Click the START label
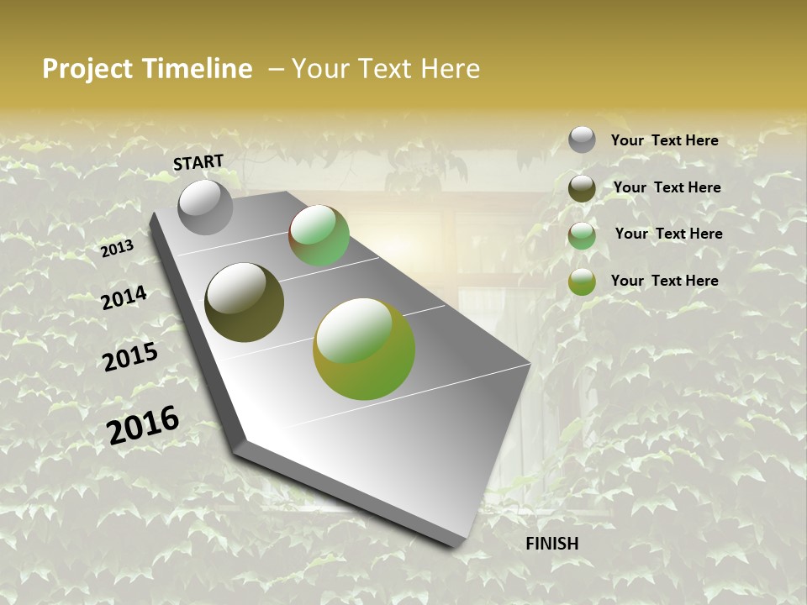coord(198,161)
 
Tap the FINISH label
coord(552,544)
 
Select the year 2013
coord(117,249)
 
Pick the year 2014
coord(124,298)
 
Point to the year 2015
coord(130,357)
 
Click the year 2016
coord(143,425)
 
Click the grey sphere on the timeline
coord(205,208)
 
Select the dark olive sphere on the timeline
coord(244,302)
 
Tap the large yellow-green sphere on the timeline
coord(364,349)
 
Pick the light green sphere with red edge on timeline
coord(319,236)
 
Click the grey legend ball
coord(582,139)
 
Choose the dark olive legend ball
coord(582,188)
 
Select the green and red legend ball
coord(582,235)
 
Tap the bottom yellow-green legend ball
coord(582,281)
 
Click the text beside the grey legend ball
coord(664,141)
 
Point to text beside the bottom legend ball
coord(664,281)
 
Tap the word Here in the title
coord(450,69)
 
